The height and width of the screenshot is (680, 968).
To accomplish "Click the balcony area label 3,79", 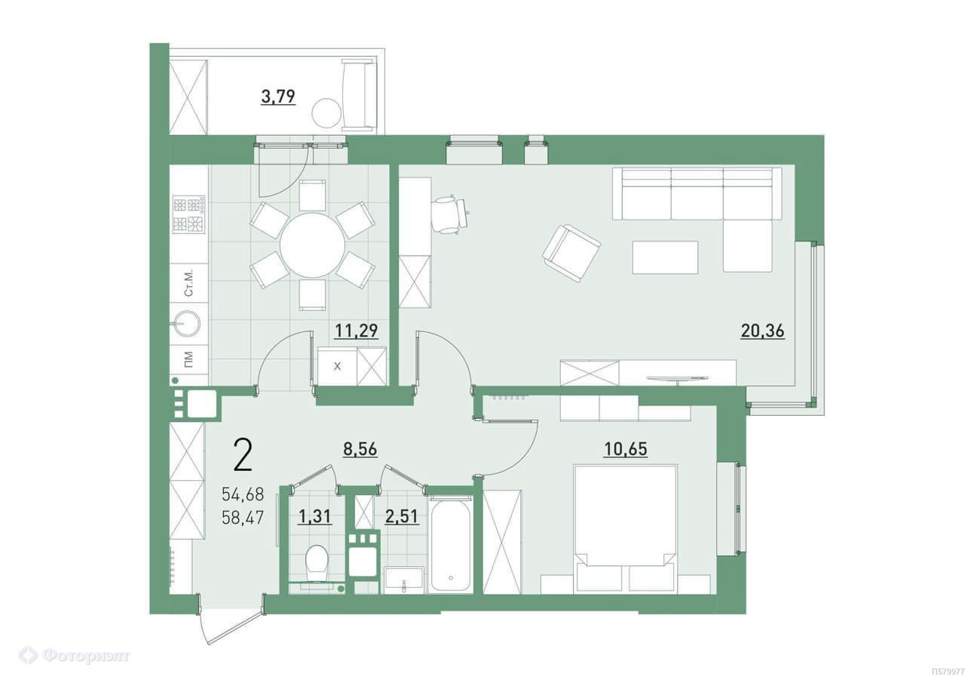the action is click(278, 97).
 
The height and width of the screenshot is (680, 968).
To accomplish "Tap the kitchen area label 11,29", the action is click(357, 331).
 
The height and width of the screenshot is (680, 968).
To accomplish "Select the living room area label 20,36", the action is click(762, 331).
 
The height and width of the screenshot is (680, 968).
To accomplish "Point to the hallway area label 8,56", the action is click(360, 450).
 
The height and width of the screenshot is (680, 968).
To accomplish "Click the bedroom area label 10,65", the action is click(625, 450).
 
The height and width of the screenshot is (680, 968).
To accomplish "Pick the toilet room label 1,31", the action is click(315, 516).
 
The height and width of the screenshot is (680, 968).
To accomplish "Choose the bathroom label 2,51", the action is click(402, 516).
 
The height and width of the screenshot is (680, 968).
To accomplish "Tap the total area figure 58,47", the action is click(243, 518).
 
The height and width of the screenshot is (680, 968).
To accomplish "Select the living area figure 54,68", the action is click(243, 494).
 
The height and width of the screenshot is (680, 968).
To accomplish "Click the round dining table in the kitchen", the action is click(312, 245).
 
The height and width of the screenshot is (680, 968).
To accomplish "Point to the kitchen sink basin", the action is click(188, 323).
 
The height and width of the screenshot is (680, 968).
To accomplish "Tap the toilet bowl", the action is click(316, 562).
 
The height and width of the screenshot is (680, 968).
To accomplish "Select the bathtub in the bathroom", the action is click(451, 546).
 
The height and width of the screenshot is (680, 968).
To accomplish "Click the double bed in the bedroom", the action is click(625, 528).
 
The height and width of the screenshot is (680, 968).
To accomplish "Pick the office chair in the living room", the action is click(450, 214).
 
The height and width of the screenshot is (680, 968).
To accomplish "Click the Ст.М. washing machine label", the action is click(188, 284).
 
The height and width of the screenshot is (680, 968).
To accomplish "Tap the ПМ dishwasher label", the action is click(188, 360).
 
